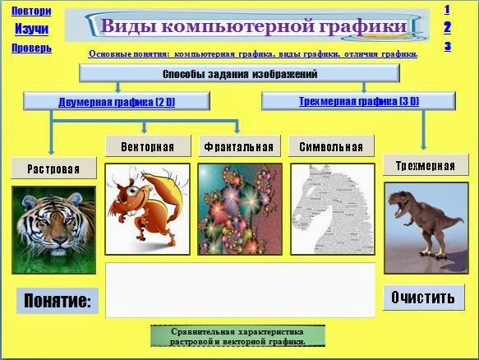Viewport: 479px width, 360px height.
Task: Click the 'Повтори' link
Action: coord(31,12)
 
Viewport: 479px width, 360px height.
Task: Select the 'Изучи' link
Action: coord(31,29)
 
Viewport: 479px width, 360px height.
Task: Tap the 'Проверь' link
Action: coord(31,48)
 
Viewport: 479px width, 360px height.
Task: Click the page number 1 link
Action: coord(447,10)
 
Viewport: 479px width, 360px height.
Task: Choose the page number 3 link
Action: coord(447,46)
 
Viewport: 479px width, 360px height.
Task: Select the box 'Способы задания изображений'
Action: coord(239,74)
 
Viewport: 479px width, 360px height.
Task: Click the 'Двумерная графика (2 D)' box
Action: coord(117,102)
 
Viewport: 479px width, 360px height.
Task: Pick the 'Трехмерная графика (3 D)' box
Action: coord(358,102)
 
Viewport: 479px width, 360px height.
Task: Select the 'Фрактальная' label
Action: coord(237,148)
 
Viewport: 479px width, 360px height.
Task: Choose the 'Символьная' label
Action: coord(330,148)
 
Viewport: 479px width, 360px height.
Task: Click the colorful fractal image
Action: coord(239,209)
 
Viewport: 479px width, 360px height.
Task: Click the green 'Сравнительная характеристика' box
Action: coord(237,336)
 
